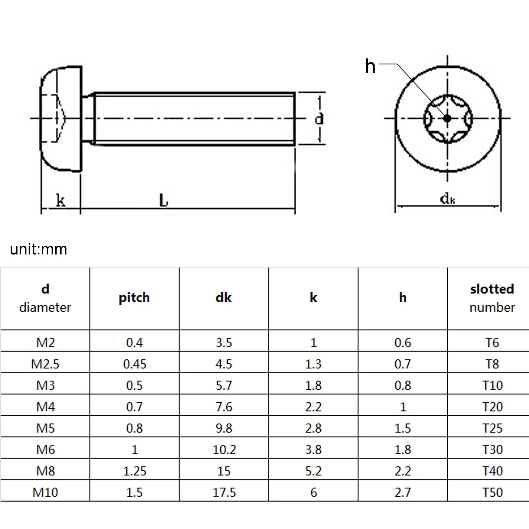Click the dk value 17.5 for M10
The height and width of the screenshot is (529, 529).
[224, 492]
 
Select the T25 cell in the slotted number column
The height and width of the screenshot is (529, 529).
[492, 428]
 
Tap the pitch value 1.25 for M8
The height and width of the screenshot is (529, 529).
[135, 471]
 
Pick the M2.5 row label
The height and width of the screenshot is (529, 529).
[45, 364]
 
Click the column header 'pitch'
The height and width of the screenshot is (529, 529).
[134, 298]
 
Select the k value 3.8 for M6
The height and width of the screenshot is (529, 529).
[313, 450]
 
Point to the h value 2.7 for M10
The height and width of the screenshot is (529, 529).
[403, 492]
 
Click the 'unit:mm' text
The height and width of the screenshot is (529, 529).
[38, 249]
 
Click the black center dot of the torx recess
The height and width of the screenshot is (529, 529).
[447, 118]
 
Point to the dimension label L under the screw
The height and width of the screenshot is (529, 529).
[163, 200]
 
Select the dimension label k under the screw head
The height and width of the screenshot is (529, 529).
[61, 200]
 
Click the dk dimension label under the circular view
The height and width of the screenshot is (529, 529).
[447, 199]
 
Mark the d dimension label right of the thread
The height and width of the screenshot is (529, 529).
[319, 118]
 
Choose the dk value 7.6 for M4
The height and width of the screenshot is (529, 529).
[224, 407]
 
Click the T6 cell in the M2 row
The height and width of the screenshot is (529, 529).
[492, 343]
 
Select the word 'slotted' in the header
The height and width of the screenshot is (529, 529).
[492, 289]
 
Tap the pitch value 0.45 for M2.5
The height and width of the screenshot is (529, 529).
[135, 364]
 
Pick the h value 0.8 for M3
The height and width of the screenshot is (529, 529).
[403, 386]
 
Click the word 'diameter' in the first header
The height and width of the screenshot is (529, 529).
[45, 307]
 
